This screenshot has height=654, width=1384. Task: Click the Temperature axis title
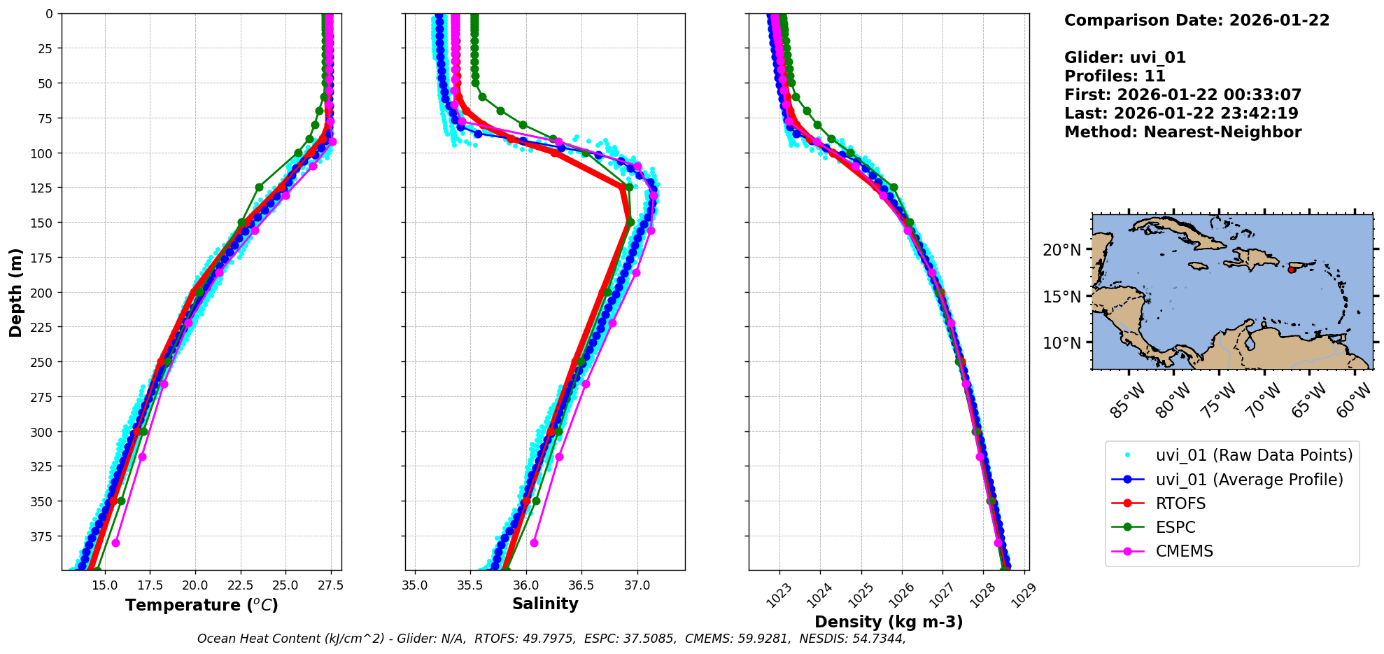point(202,605)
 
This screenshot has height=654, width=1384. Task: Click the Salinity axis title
point(545,604)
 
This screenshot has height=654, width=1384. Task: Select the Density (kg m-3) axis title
point(889,622)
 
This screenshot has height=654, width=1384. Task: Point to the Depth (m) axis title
point(16,292)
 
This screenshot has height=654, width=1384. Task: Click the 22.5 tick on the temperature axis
point(240,585)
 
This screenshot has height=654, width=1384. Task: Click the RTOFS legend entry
point(1180,503)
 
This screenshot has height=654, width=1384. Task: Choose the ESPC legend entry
point(1175,527)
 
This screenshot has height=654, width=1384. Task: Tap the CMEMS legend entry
point(1184,551)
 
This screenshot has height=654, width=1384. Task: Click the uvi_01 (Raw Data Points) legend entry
point(1254,455)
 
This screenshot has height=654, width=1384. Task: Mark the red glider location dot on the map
point(1292,270)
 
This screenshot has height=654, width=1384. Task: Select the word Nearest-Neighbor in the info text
point(1222,132)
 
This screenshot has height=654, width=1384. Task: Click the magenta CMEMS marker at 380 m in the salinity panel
point(535,543)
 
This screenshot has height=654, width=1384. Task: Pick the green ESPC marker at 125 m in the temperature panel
point(259,187)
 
